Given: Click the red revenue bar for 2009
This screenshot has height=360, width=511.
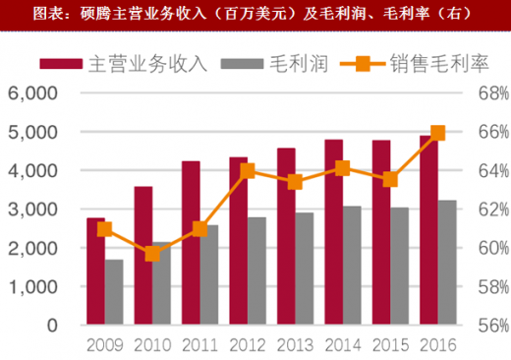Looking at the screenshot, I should tap(95, 271).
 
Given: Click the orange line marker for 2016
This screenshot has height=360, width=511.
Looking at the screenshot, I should tap(438, 133).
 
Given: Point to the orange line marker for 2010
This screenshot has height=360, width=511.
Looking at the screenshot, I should tap(152, 254).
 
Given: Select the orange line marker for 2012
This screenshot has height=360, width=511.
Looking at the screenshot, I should tap(248, 171).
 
